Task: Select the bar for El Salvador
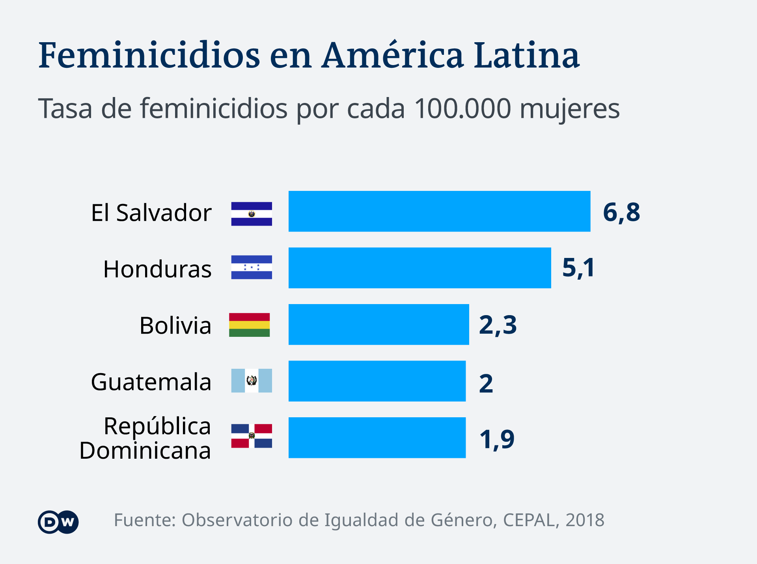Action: tap(439, 211)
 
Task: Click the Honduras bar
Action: tap(420, 268)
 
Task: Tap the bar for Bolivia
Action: tap(378, 324)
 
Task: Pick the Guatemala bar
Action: tap(377, 381)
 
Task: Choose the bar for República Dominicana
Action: tap(377, 437)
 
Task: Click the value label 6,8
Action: tap(621, 212)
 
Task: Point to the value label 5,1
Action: tap(578, 268)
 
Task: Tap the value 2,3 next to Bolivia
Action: tap(498, 325)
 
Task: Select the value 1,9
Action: tap(497, 439)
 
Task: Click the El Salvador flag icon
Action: tap(252, 214)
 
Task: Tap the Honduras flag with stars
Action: tap(252, 267)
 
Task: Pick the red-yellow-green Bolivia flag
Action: tap(249, 325)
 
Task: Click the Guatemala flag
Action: tap(252, 381)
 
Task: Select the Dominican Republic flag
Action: tap(252, 436)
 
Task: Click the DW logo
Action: tap(58, 522)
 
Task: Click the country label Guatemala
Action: tap(151, 382)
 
